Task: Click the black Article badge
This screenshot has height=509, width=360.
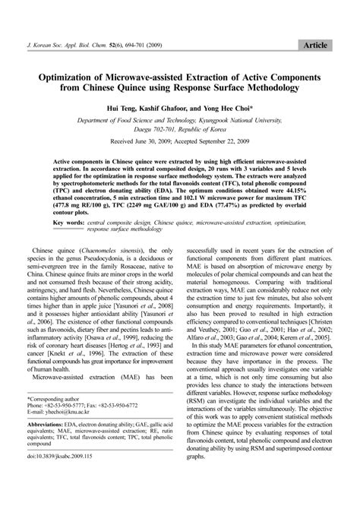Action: click(x=314, y=46)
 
